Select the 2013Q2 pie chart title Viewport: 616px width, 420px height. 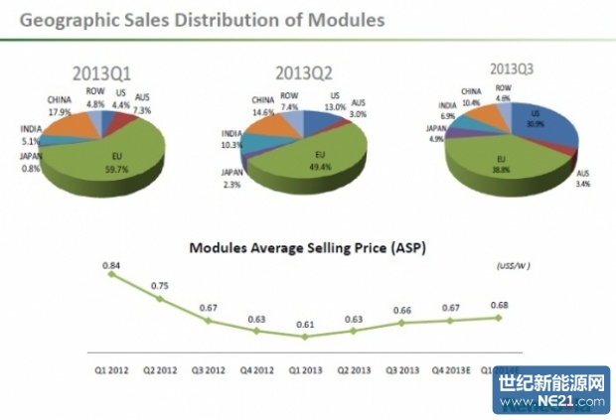click(x=304, y=72)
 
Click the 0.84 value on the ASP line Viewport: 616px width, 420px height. click(x=112, y=264)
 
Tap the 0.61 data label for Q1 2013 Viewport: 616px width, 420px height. click(x=305, y=324)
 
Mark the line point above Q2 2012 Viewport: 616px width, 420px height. click(x=161, y=297)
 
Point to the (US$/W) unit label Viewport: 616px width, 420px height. click(x=514, y=267)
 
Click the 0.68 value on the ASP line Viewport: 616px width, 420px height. click(x=499, y=304)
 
